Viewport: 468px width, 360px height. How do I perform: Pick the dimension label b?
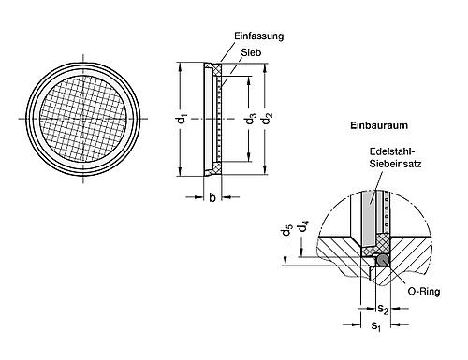point(212,196)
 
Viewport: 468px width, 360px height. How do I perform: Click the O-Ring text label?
point(421,292)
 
